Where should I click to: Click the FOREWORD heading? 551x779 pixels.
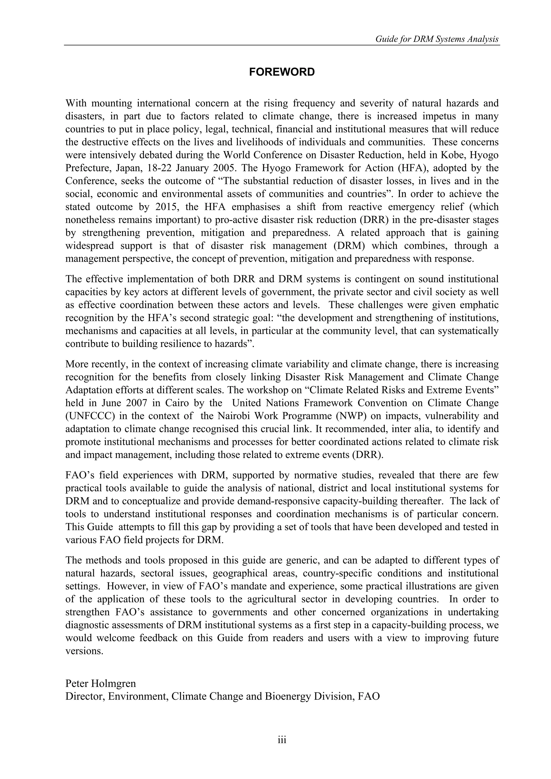click(282, 72)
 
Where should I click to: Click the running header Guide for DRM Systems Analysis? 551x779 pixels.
click(437, 39)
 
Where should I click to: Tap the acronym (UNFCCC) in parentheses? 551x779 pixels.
click(89, 416)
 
